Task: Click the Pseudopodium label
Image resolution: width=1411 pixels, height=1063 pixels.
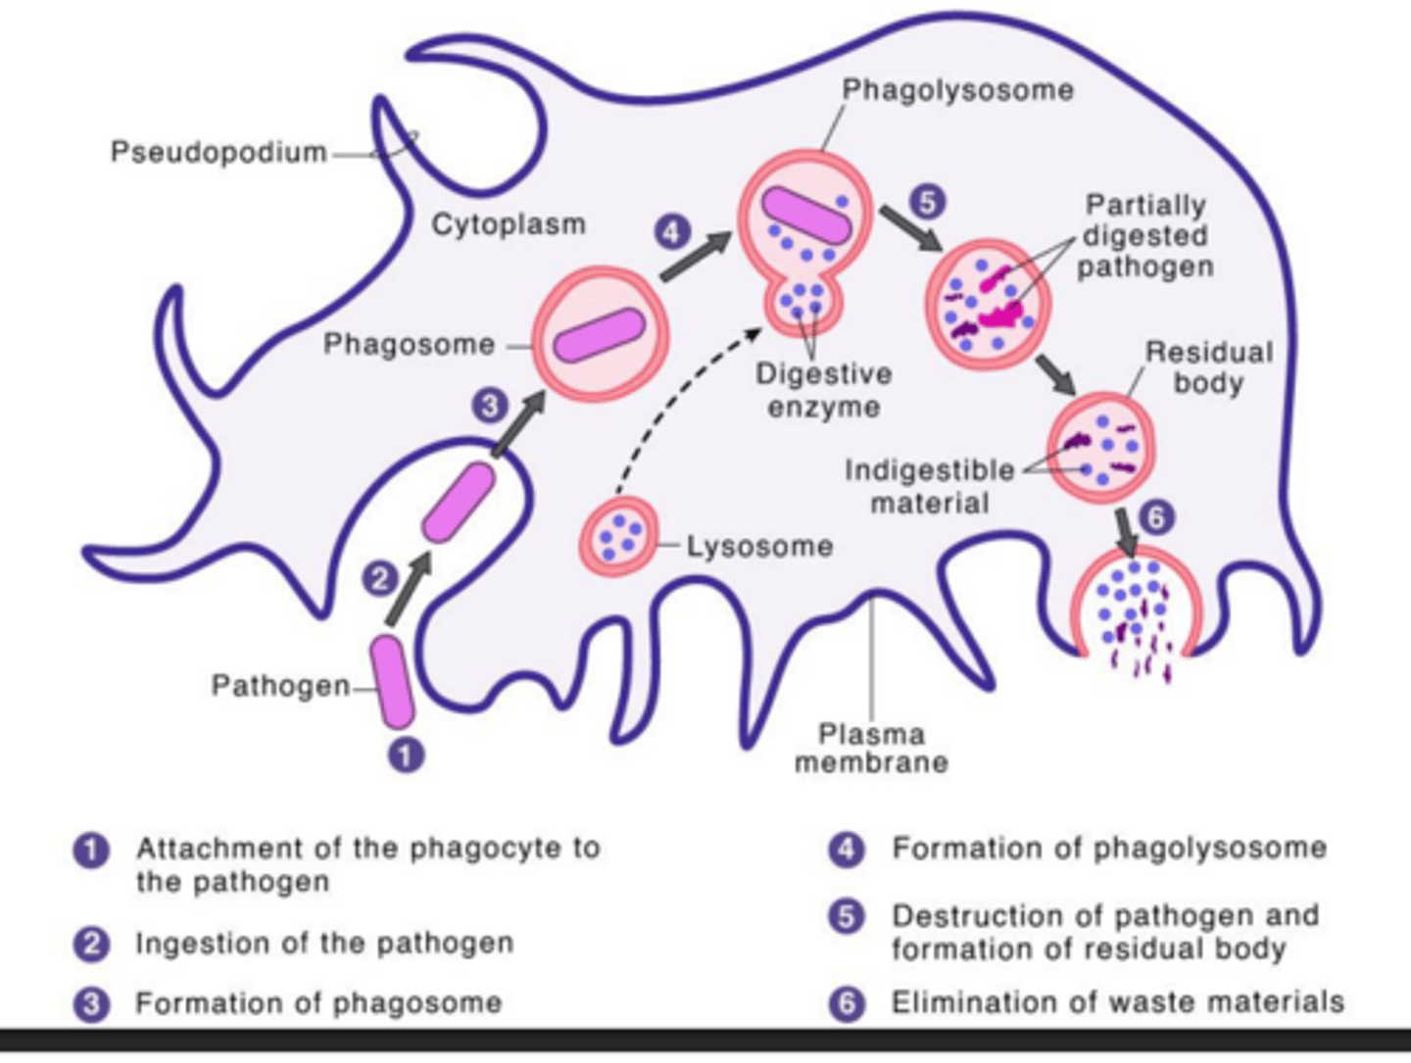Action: point(218,153)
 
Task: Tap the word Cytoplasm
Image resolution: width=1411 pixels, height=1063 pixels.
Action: point(509,224)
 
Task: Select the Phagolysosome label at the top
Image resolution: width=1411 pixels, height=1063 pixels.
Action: point(957,90)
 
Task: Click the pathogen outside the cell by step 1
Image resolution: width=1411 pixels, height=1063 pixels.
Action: point(392,682)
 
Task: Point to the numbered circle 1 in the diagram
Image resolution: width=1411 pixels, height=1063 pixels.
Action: point(407,755)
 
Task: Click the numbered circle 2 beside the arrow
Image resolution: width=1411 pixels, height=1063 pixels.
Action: point(379,578)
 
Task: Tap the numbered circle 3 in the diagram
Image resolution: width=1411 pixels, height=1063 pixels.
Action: point(490,405)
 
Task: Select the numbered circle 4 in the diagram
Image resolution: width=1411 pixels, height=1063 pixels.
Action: point(672,233)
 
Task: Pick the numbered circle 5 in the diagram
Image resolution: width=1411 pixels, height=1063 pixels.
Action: point(927,201)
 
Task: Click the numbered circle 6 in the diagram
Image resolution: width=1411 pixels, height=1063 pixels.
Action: point(1157,516)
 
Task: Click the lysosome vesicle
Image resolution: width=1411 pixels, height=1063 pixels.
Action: point(618,535)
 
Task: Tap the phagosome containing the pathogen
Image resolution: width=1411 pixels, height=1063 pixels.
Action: point(600,334)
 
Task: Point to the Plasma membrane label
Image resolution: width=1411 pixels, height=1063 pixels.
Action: point(871,749)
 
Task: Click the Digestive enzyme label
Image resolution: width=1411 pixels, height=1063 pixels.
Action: point(823,390)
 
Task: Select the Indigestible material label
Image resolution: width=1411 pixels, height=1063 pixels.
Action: point(929,486)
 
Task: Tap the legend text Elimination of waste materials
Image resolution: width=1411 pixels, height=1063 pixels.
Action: point(1117,1002)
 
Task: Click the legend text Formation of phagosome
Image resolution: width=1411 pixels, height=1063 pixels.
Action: point(318,1003)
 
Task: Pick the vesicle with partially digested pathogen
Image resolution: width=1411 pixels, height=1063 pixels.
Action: point(987,305)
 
